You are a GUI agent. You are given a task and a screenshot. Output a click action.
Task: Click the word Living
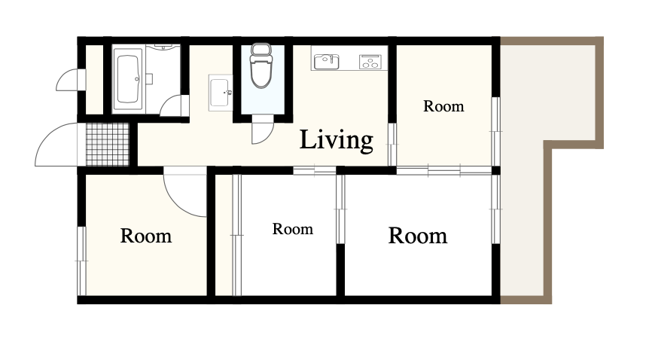pyautogui.click(x=336, y=140)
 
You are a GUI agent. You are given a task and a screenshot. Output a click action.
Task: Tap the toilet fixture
pyautogui.click(x=261, y=66)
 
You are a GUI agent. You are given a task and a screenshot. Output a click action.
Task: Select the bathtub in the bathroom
pyautogui.click(x=128, y=79)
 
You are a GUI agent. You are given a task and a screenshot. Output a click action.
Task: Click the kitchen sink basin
pyautogui.click(x=327, y=62)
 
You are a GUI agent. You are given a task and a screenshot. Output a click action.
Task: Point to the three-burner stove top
pyautogui.click(x=370, y=62)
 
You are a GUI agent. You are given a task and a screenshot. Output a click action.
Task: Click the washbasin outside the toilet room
pyautogui.click(x=221, y=93)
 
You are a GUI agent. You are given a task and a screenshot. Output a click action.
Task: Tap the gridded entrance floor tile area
pyautogui.click(x=108, y=145)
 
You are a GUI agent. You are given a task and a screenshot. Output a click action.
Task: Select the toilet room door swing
pyautogui.click(x=263, y=130)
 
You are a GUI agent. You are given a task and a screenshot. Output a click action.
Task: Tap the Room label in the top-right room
pyautogui.click(x=443, y=106)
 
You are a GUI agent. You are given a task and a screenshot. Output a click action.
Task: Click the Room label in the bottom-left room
pyautogui.click(x=146, y=236)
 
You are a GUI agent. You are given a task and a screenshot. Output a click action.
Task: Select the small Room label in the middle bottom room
pyautogui.click(x=293, y=229)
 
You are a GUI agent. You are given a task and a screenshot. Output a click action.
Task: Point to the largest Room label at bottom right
pyautogui.click(x=418, y=236)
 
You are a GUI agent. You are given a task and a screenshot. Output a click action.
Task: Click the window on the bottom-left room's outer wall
pyautogui.click(x=81, y=261)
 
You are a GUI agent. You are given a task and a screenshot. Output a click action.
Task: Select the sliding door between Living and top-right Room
pyautogui.click(x=392, y=145)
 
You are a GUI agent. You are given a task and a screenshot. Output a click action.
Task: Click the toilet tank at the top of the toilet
pyautogui.click(x=261, y=50)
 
